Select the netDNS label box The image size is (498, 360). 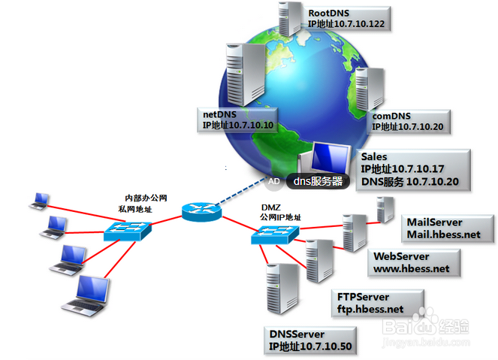[238, 119]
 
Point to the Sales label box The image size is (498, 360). [413, 169]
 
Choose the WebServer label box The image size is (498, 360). [412, 262]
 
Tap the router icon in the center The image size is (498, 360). [199, 210]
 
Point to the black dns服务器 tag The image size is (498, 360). [316, 180]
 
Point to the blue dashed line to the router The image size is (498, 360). [239, 195]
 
